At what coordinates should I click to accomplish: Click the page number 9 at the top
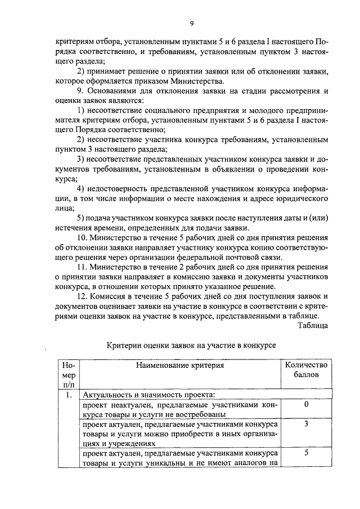[x=192, y=23]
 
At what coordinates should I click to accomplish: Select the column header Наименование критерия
[x=180, y=365]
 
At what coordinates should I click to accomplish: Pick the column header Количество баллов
[x=306, y=370]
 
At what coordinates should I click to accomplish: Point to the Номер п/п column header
[x=69, y=375]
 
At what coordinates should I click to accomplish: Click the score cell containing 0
[x=306, y=404]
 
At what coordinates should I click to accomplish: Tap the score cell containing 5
[x=306, y=453]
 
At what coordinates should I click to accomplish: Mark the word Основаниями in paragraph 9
[x=115, y=91]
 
